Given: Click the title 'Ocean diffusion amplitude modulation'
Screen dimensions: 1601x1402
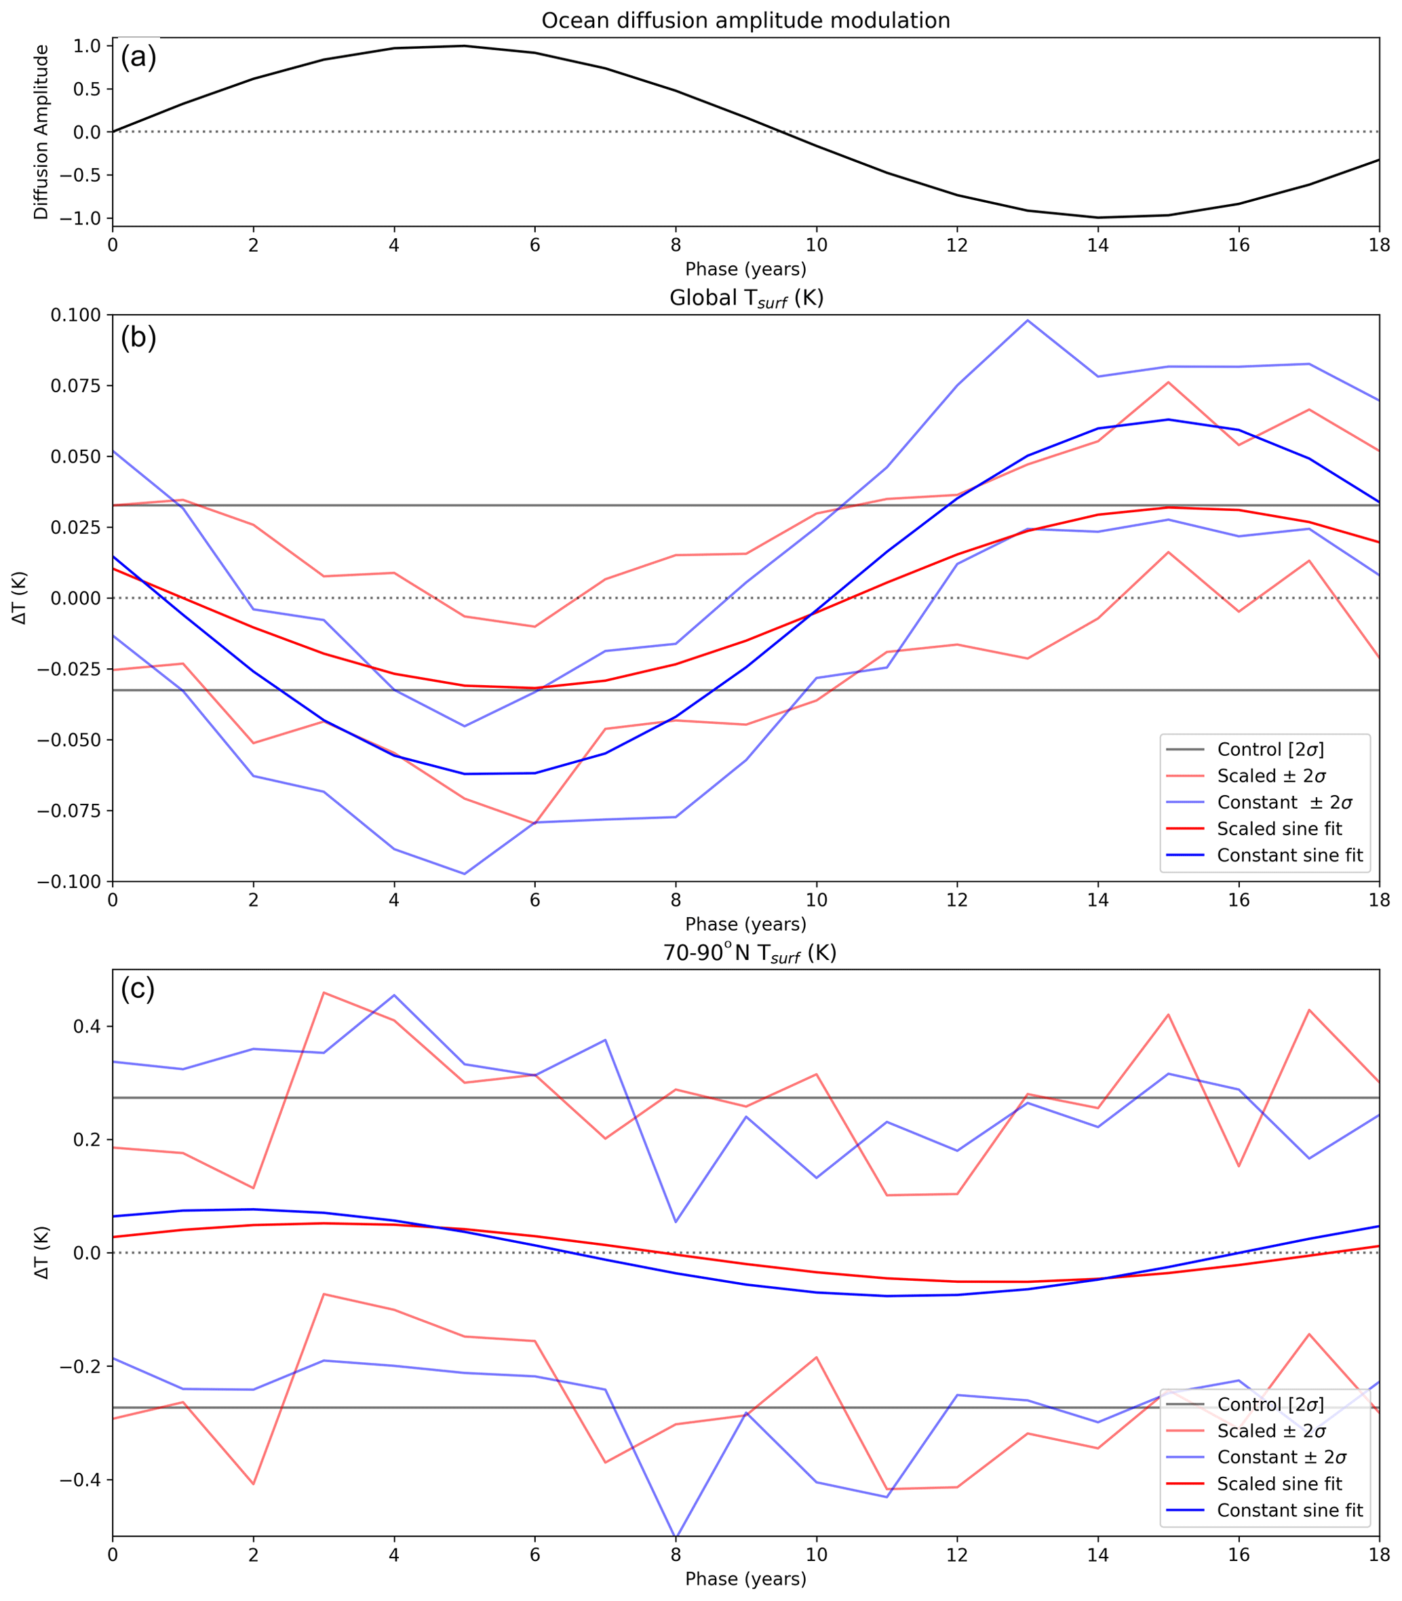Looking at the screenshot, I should click(x=745, y=20).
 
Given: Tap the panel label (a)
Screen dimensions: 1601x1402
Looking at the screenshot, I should click(x=138, y=58).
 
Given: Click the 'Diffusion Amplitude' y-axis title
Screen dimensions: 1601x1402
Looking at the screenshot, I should click(x=41, y=132).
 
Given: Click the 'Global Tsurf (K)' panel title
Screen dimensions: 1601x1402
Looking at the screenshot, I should click(x=745, y=298).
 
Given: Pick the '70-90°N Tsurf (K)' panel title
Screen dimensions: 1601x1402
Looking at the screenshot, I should click(x=749, y=952).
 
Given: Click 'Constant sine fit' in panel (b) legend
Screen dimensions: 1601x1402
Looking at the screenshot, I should click(x=1289, y=855).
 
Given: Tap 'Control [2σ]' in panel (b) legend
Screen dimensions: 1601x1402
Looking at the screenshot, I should click(x=1270, y=750).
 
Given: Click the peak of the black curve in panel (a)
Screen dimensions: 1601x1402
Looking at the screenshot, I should click(x=464, y=45).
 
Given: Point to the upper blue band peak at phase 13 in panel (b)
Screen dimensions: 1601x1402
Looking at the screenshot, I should click(x=1027, y=320).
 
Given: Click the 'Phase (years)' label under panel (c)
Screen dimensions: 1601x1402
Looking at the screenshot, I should click(x=745, y=1579).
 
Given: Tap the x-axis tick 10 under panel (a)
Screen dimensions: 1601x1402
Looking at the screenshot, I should click(x=816, y=245).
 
